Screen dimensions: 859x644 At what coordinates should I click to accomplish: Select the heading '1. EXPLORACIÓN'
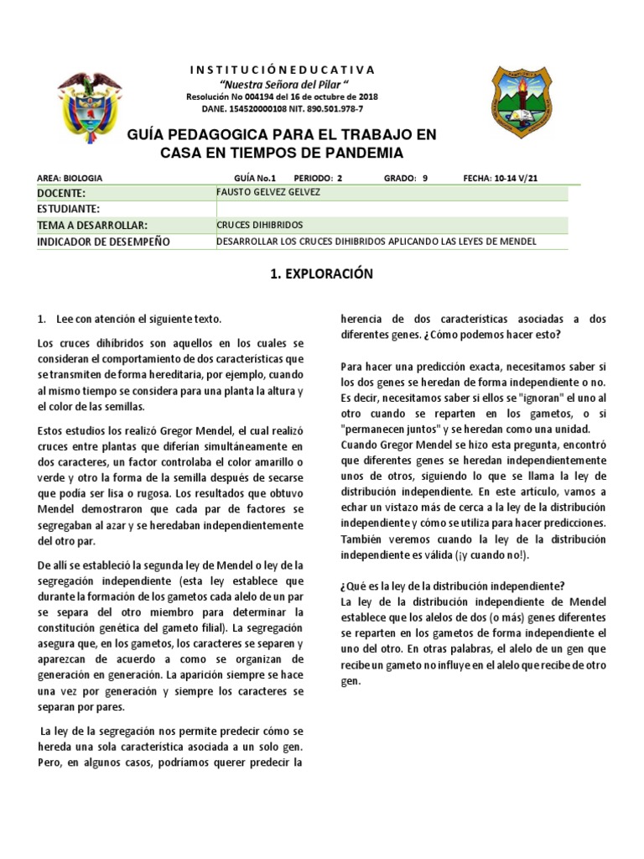(x=321, y=274)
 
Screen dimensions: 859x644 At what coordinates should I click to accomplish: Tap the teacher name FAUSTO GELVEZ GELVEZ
(x=267, y=193)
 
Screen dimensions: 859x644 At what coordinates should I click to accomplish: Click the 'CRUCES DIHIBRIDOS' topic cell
(x=259, y=226)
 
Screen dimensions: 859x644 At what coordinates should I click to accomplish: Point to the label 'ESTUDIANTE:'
(x=69, y=209)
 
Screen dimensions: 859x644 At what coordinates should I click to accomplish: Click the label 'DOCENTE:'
(x=62, y=193)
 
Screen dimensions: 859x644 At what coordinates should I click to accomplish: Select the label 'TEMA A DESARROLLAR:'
(x=92, y=226)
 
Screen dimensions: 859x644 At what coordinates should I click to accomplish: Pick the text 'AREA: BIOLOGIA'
(x=70, y=178)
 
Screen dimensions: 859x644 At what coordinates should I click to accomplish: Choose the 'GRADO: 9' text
(x=406, y=178)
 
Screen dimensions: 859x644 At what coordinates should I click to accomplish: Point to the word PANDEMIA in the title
(x=340, y=153)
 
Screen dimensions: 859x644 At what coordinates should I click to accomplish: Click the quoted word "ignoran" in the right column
(x=551, y=397)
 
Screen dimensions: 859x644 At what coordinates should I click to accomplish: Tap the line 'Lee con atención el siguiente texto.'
(x=139, y=320)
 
